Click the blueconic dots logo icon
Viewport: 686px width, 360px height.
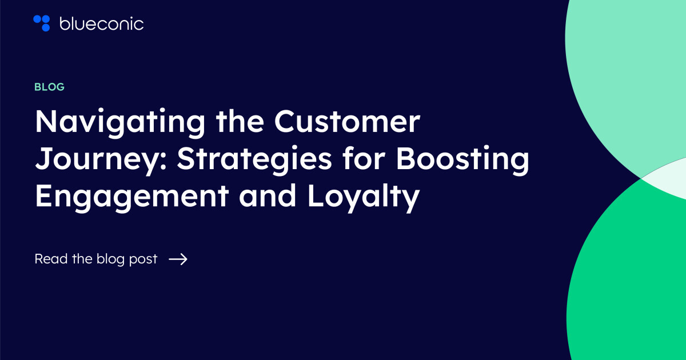[42, 23]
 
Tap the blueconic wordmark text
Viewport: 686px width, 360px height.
[101, 23]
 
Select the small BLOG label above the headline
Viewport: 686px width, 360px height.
[49, 87]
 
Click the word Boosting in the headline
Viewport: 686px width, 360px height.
[463, 160]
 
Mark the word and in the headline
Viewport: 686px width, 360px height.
[267, 197]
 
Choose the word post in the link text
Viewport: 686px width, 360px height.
[145, 259]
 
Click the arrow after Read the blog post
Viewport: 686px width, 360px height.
[178, 259]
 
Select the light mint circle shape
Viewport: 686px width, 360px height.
[629, 69]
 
